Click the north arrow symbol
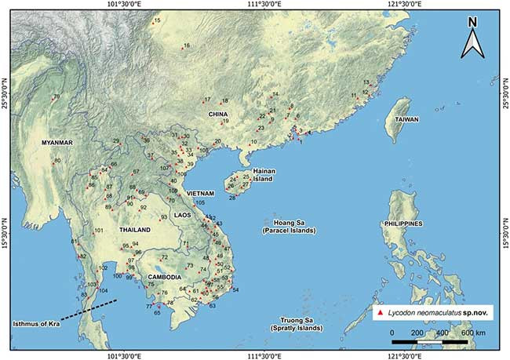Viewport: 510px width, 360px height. [x=473, y=41]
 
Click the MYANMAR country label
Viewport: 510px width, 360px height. [x=56, y=143]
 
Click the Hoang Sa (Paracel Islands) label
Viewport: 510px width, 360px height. [x=288, y=227]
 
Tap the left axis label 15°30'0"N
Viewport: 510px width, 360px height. [x=5, y=224]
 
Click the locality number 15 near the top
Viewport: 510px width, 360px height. [x=157, y=20]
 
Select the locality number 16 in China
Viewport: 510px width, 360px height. [x=186, y=46]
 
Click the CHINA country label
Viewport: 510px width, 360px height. [x=217, y=115]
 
